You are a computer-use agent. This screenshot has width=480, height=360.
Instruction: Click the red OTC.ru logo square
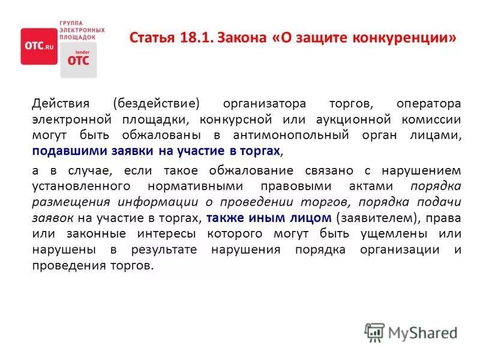(x=39, y=46)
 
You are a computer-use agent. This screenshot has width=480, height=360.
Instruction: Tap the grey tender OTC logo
(x=78, y=60)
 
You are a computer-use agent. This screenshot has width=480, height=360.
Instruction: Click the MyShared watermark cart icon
(x=374, y=332)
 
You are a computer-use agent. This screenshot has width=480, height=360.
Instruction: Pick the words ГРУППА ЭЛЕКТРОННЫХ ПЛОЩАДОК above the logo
(x=82, y=29)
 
